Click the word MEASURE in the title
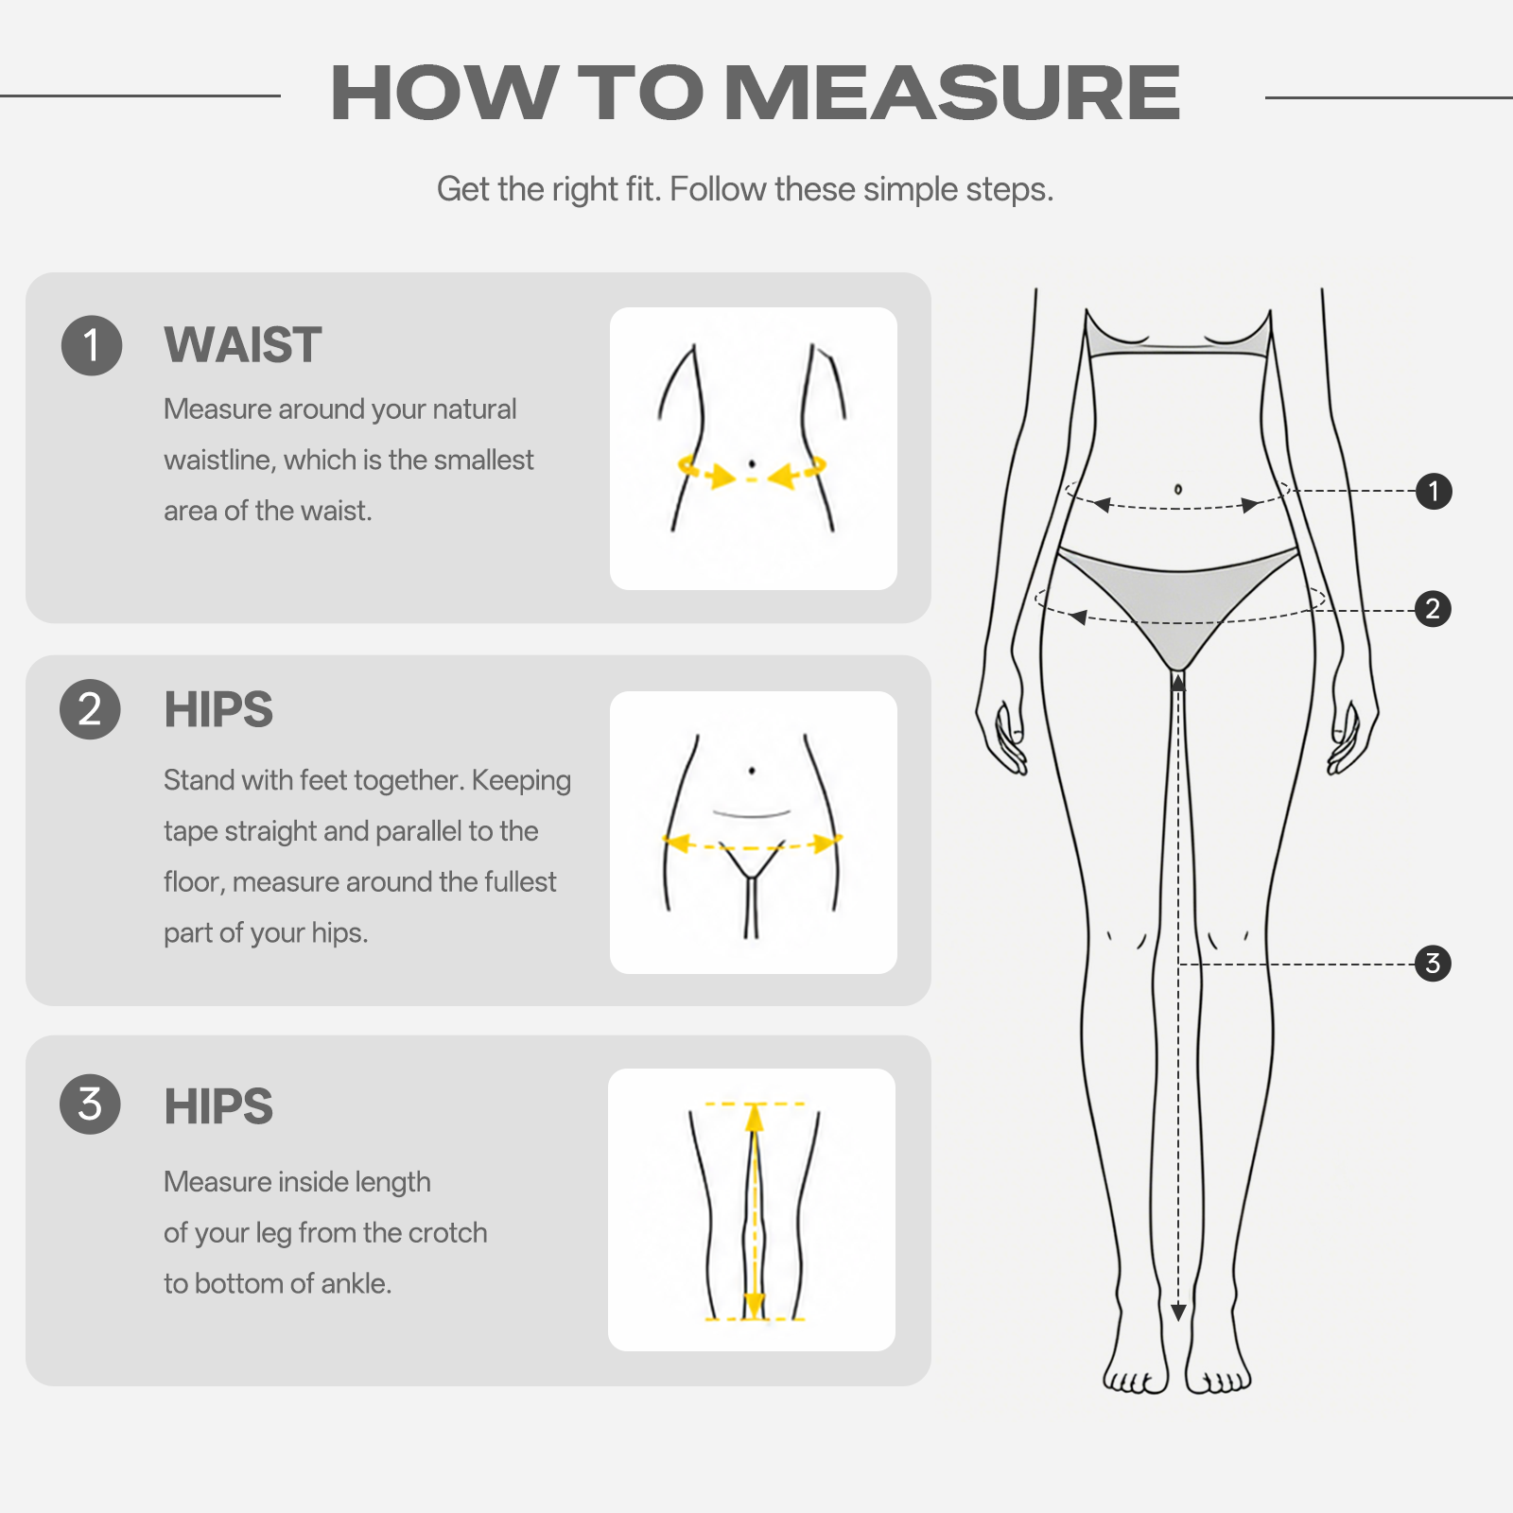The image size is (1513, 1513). (x=952, y=93)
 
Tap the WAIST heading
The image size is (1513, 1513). (x=243, y=344)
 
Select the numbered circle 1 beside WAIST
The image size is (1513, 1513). (x=92, y=345)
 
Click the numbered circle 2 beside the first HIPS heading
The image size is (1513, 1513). (x=90, y=709)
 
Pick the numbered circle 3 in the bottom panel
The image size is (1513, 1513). (x=90, y=1104)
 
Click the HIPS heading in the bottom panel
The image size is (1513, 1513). (x=218, y=1106)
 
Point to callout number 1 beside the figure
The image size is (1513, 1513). (x=1434, y=491)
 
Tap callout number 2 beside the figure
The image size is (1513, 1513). (x=1433, y=609)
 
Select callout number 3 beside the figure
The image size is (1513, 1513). (x=1433, y=964)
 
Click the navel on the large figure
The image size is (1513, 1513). (x=1177, y=489)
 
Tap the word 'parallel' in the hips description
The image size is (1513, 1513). (x=417, y=831)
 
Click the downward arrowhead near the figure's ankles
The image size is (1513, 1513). (x=1178, y=1313)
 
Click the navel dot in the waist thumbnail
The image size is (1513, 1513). (x=752, y=463)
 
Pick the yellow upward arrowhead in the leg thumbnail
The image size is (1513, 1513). (x=754, y=1119)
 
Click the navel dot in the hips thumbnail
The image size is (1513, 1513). (x=752, y=771)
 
